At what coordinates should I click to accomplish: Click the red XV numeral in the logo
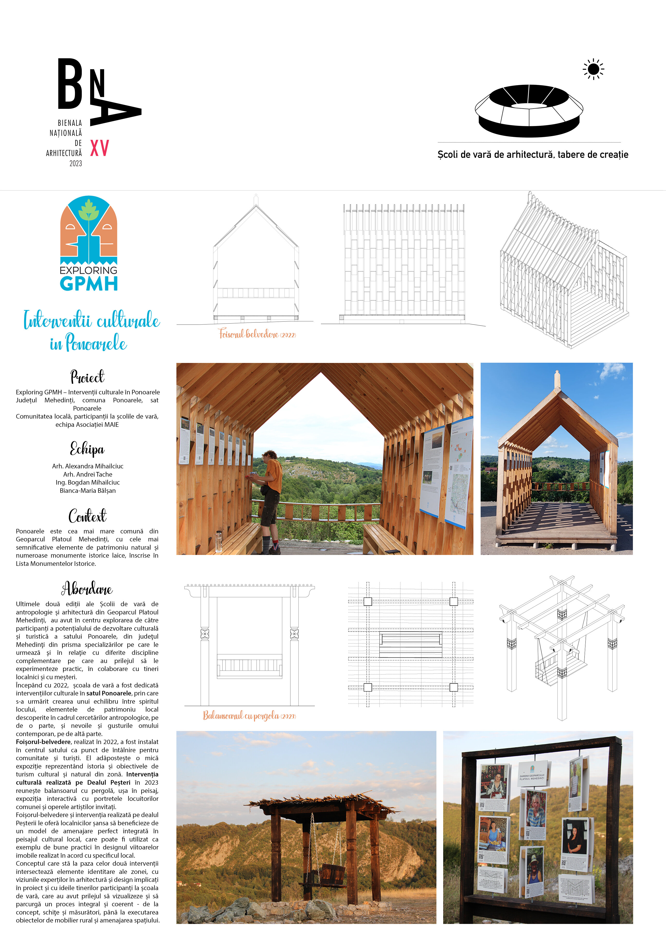click(100, 148)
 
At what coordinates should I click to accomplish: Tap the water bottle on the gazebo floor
click(218, 541)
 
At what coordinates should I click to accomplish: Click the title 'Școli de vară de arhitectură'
click(496, 155)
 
